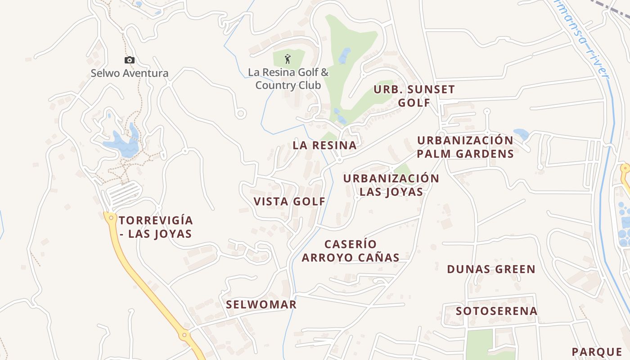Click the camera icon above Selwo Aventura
[130, 60]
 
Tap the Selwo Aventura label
[130, 73]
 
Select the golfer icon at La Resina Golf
[288, 58]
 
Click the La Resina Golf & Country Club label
[288, 79]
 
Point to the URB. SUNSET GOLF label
[414, 96]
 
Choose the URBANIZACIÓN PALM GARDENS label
[465, 147]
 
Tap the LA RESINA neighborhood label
[324, 145]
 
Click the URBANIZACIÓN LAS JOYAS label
[391, 185]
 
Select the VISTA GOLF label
[289, 202]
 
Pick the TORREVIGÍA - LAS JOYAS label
[156, 227]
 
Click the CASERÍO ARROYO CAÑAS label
[351, 251]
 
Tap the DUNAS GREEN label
[491, 270]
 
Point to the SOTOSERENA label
[496, 311]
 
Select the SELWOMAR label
[261, 305]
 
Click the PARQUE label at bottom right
[597, 352]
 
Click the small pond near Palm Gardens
[522, 134]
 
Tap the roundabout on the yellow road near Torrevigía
[111, 218]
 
